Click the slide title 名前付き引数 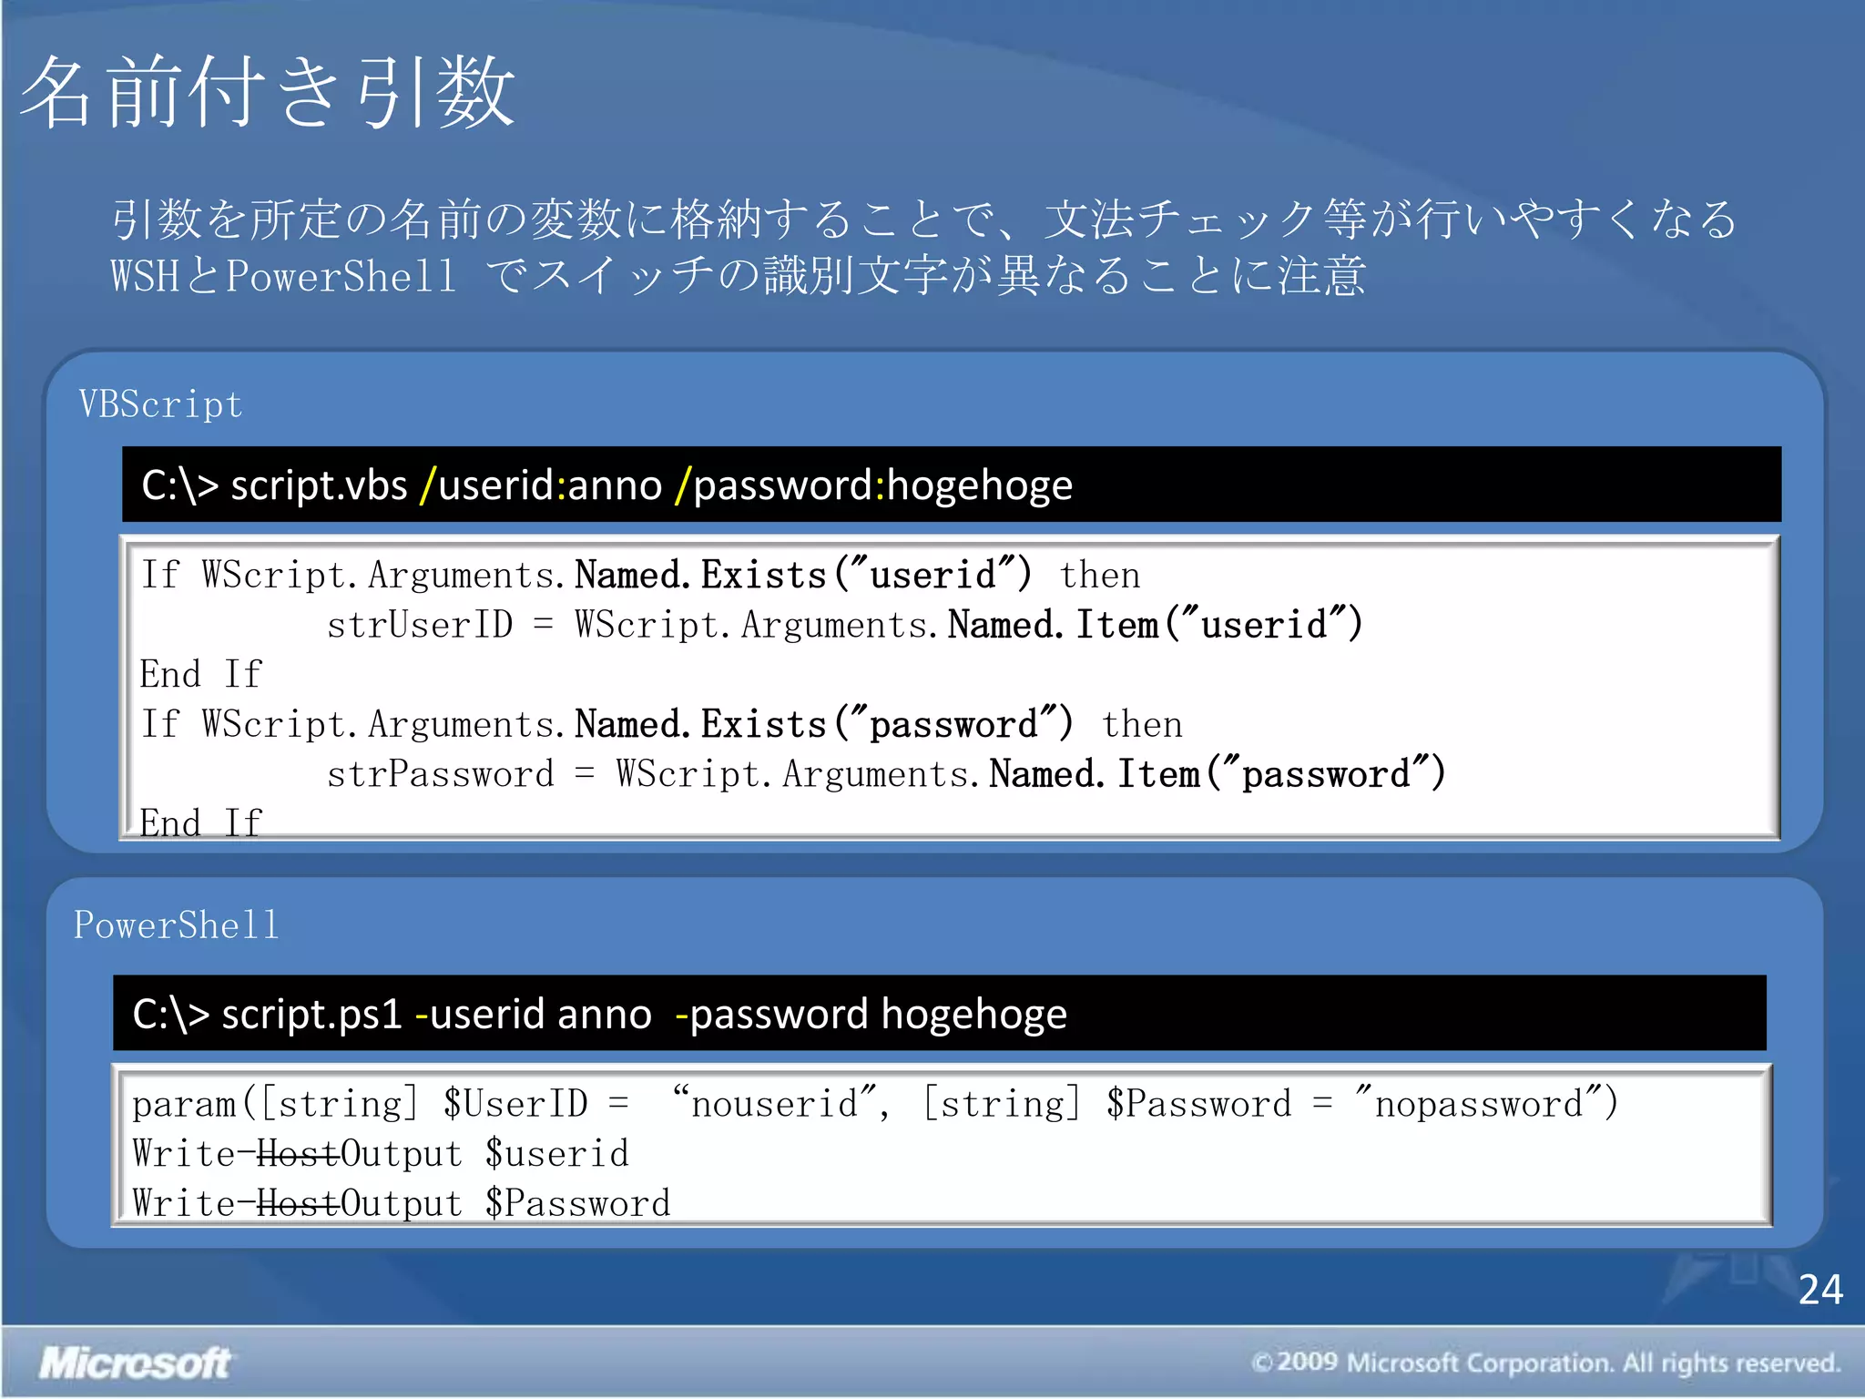point(268,91)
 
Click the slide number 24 point(1819,1289)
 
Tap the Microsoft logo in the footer point(135,1363)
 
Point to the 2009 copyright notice point(1545,1363)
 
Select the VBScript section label point(160,404)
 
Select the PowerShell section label point(176,925)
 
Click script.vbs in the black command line point(319,485)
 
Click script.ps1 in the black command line point(311,1014)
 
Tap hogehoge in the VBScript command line point(980,485)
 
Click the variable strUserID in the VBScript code point(420,626)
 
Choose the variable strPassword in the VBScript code point(440,775)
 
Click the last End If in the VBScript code point(200,822)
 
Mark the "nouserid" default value point(775,1104)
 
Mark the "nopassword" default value point(1479,1104)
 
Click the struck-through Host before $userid point(298,1154)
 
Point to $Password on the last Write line point(577,1204)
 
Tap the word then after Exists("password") point(1142,725)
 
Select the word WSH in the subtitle point(145,276)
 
